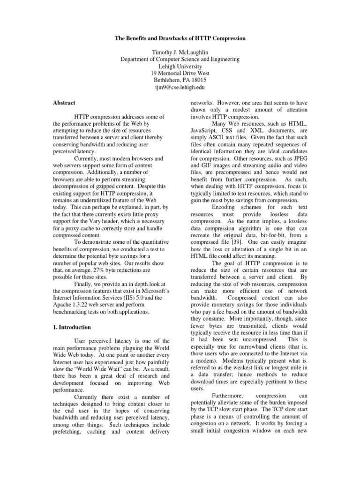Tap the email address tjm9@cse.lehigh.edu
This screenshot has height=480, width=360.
[x=180, y=88]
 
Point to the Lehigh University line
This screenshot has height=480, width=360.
[x=180, y=66]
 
